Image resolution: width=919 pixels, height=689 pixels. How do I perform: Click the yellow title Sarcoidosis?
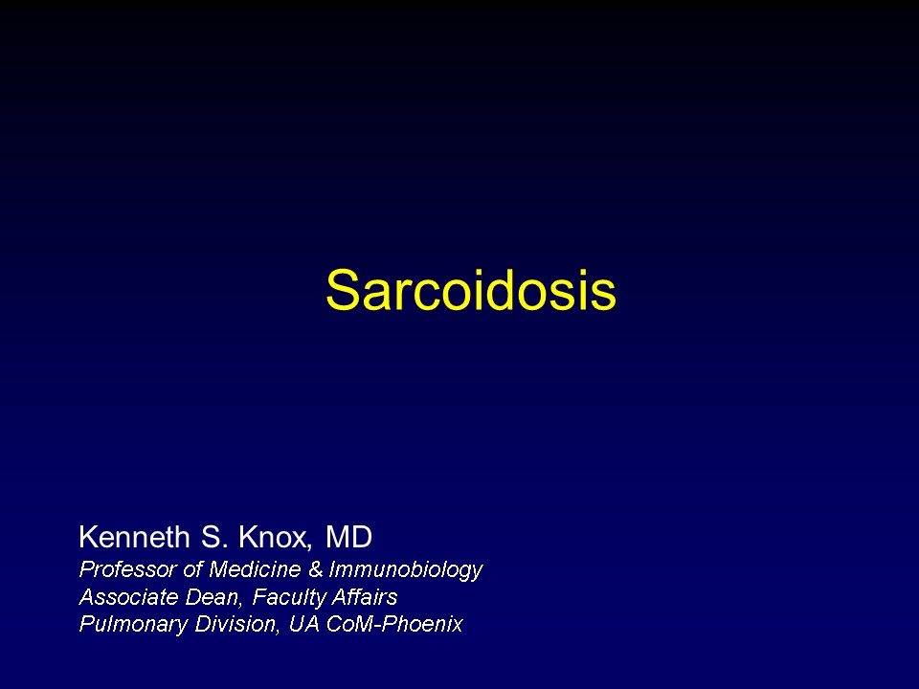(x=471, y=289)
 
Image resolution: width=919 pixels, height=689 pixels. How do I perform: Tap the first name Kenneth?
(x=134, y=537)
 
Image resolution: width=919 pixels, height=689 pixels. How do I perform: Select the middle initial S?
(x=213, y=537)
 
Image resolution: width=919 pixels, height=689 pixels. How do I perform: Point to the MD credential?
(x=348, y=537)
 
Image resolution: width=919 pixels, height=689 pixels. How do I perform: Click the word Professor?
(x=127, y=568)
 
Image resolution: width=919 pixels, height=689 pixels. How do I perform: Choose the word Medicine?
(x=255, y=568)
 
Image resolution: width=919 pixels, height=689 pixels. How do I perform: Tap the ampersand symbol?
(x=315, y=568)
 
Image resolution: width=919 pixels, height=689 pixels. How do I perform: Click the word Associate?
(x=128, y=597)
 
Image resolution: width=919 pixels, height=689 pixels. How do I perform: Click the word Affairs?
(x=365, y=597)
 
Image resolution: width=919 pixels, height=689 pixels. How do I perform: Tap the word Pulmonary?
(x=133, y=625)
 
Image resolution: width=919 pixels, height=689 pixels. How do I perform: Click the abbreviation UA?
(x=303, y=623)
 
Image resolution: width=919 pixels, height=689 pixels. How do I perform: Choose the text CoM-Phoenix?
(x=393, y=623)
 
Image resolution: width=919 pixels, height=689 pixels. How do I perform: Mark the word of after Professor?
(x=192, y=568)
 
